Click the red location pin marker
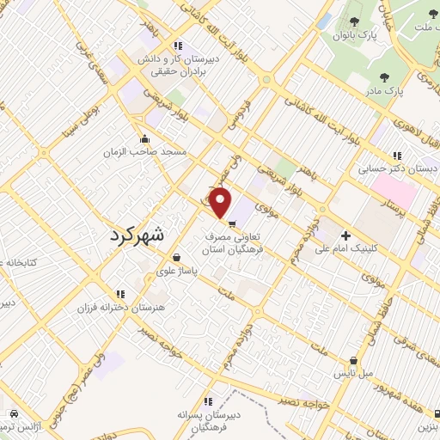[x=221, y=202]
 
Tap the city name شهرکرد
[x=141, y=234]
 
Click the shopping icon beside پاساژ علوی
[x=175, y=257]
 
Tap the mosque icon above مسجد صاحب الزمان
[x=144, y=138]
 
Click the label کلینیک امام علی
[x=346, y=250]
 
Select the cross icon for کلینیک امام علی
[x=346, y=235]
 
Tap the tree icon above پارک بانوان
[x=355, y=21]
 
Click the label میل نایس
[x=353, y=376]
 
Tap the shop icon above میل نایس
[x=353, y=362]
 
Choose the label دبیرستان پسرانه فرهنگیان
[x=207, y=420]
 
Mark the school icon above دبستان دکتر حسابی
[x=396, y=156]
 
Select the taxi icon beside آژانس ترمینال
[x=14, y=413]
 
